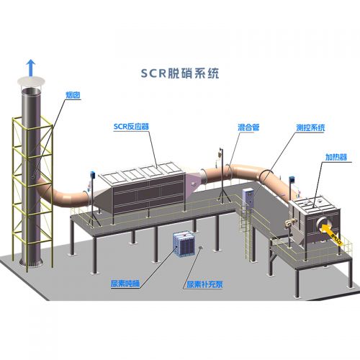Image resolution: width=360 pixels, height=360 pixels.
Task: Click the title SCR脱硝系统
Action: click(x=180, y=73)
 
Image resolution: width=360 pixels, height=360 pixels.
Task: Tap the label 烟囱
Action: click(x=73, y=95)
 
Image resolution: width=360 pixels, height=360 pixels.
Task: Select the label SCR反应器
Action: click(x=131, y=127)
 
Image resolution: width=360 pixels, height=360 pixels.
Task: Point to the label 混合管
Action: click(x=248, y=127)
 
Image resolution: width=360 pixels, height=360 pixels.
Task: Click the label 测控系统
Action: click(x=310, y=127)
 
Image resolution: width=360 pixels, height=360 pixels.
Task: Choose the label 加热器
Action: click(x=336, y=157)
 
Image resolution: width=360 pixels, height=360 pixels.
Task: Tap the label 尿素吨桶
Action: click(x=125, y=284)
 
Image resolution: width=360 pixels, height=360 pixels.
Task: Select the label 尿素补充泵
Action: click(x=204, y=284)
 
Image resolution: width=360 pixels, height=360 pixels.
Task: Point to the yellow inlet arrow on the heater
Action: click(x=331, y=233)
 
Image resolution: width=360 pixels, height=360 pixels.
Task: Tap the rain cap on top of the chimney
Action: click(x=31, y=81)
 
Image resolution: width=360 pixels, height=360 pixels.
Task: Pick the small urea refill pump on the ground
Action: click(x=201, y=247)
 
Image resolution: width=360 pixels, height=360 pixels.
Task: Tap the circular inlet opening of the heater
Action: click(x=323, y=224)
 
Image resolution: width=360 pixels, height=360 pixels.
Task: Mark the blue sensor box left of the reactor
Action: click(x=92, y=175)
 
